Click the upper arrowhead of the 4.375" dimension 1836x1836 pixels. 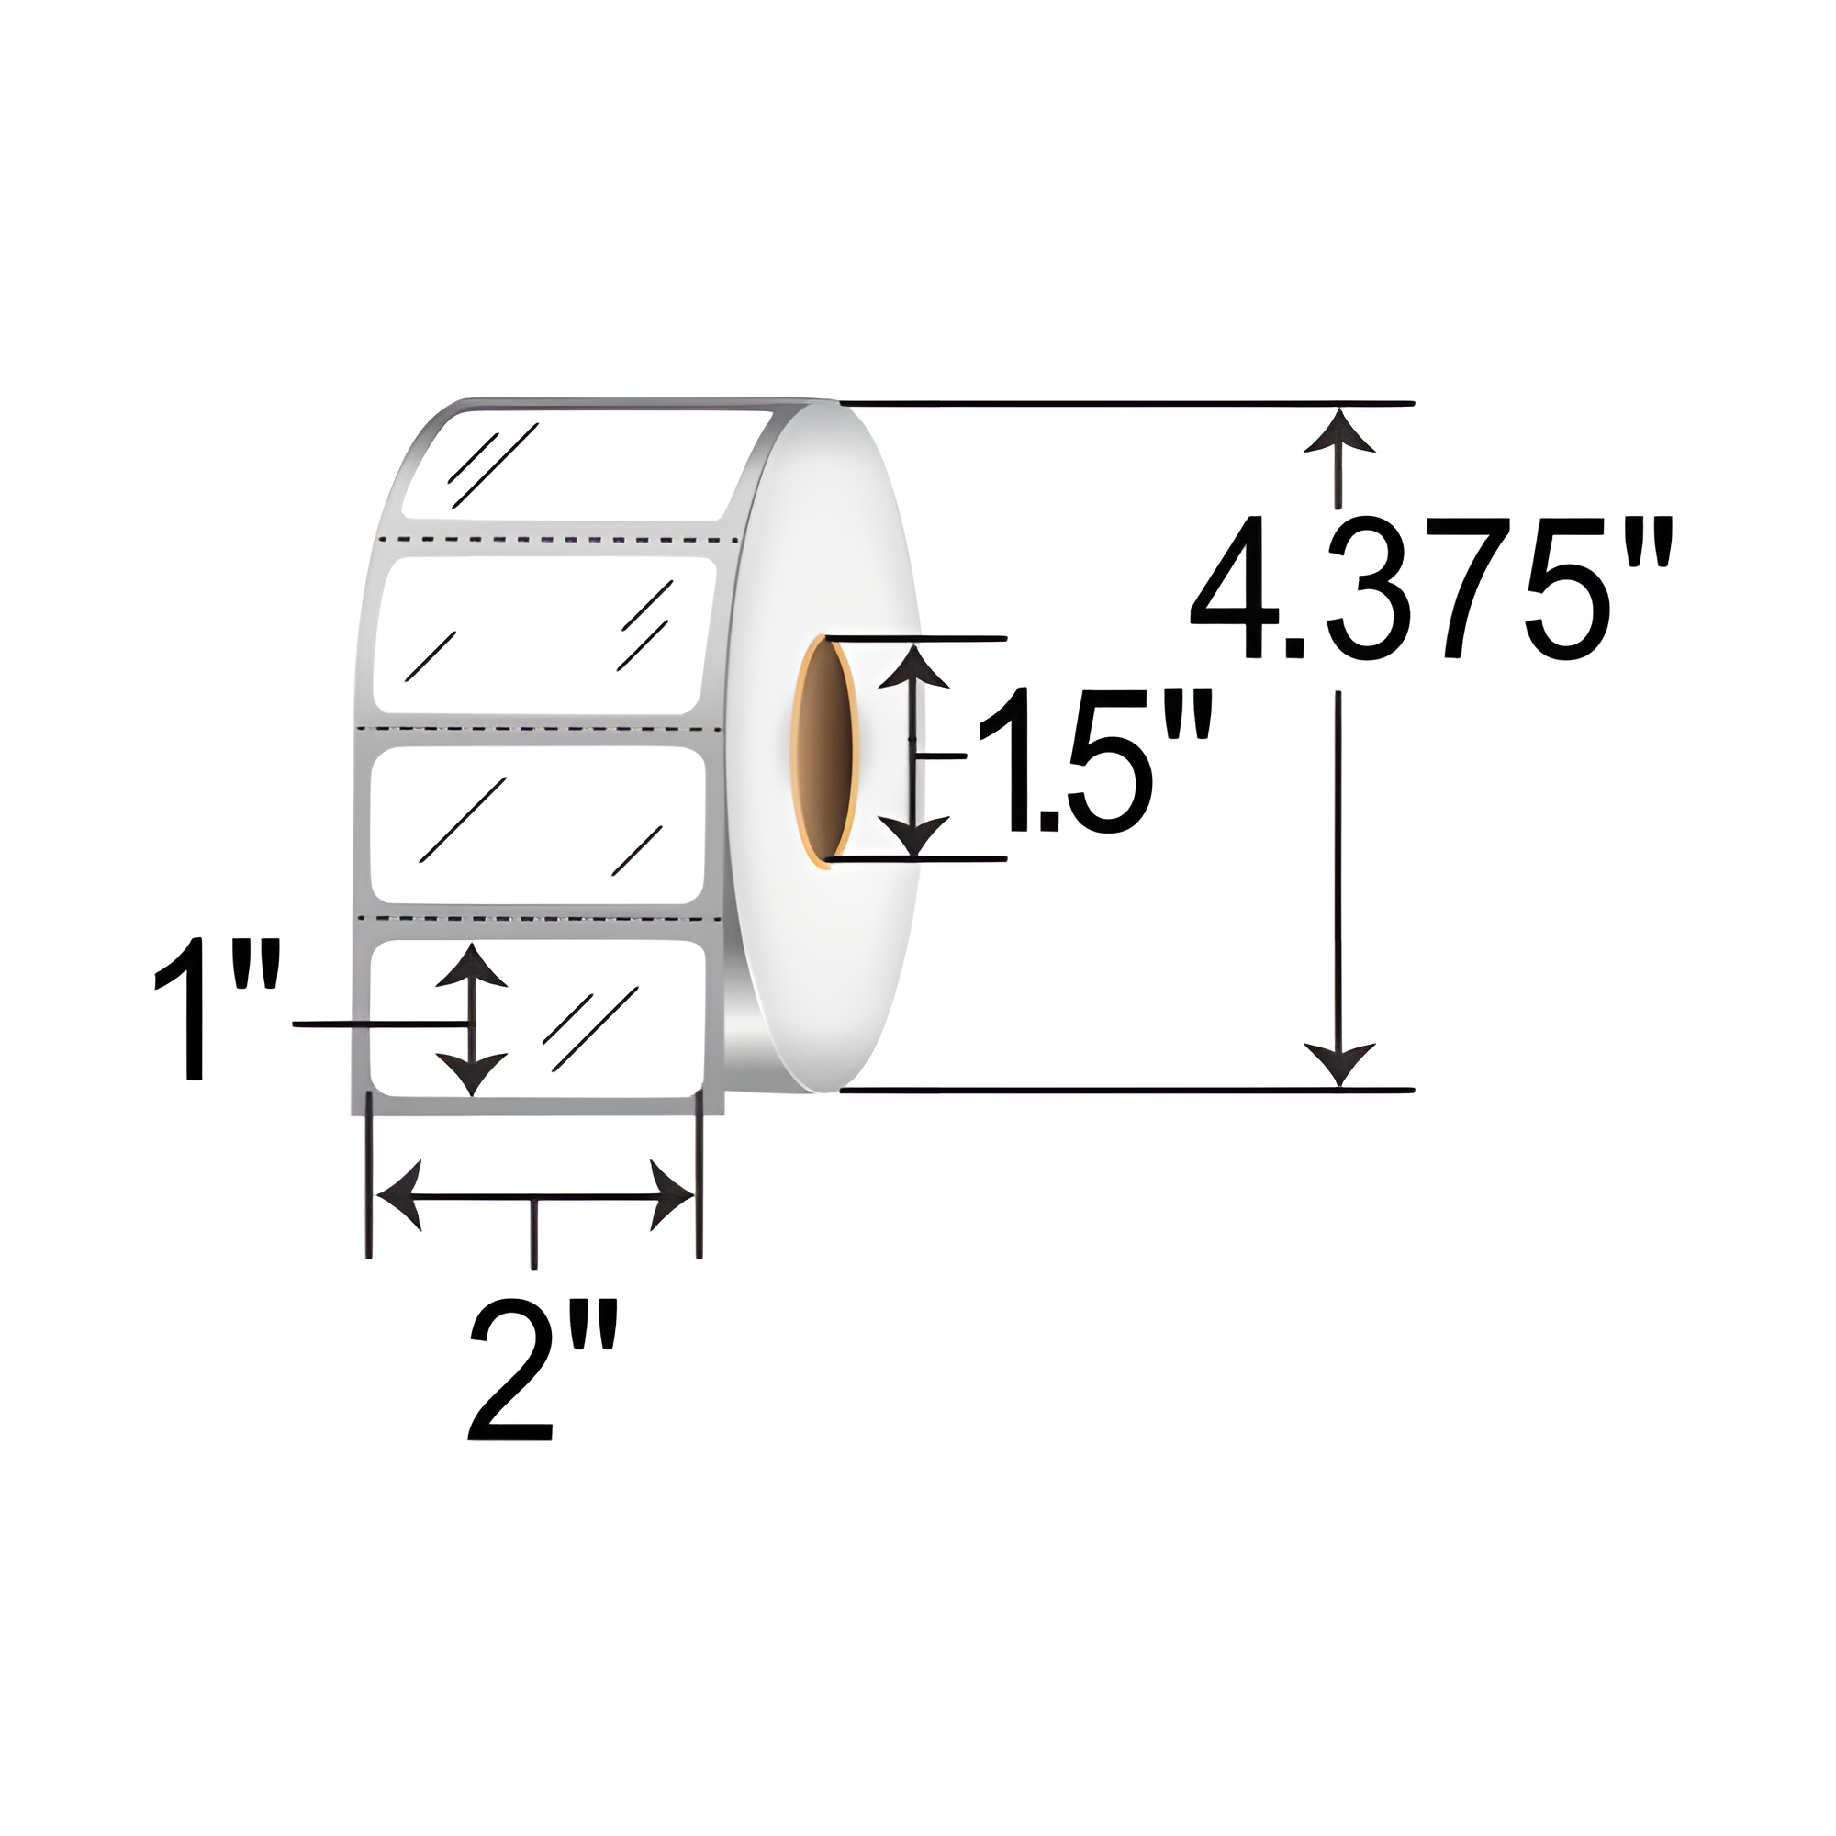click(1340, 432)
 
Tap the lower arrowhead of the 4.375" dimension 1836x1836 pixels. click(1340, 1062)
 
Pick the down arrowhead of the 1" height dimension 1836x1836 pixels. click(470, 1074)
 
